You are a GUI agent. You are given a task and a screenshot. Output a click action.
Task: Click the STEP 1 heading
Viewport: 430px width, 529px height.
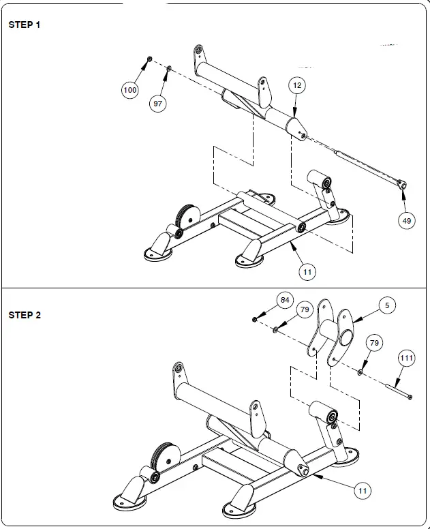click(25, 25)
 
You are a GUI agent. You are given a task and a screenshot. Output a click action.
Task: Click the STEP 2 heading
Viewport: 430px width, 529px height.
click(25, 315)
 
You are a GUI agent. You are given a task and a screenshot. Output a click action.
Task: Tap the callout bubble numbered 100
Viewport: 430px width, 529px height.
click(129, 90)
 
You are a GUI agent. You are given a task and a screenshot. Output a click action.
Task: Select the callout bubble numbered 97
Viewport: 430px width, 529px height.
click(158, 104)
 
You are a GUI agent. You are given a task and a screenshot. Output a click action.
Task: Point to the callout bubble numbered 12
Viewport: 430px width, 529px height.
click(296, 85)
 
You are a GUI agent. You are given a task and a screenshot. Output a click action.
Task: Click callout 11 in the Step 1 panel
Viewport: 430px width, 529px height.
click(307, 271)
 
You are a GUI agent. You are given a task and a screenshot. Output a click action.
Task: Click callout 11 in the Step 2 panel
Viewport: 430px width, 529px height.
click(363, 489)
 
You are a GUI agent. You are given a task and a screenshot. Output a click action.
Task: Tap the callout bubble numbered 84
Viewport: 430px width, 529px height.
click(285, 300)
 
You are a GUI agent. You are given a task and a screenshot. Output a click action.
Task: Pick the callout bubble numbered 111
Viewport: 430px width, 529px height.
click(407, 358)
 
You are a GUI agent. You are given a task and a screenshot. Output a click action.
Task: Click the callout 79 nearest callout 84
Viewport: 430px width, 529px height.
click(305, 310)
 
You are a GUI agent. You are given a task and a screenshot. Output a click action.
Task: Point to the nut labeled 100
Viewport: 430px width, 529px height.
click(149, 60)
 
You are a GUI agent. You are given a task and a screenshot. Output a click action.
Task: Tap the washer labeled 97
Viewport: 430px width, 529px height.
click(168, 68)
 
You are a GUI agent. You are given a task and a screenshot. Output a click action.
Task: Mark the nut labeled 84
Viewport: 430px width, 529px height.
click(254, 318)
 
